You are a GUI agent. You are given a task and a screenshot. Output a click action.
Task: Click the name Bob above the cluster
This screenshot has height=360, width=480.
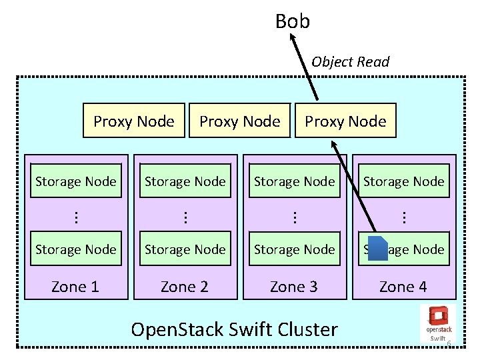pyautogui.click(x=292, y=21)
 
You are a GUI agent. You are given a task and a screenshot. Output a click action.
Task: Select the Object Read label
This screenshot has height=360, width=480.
pyautogui.click(x=350, y=62)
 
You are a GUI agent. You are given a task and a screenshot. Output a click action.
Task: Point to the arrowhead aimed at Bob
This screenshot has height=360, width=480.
pyautogui.click(x=292, y=38)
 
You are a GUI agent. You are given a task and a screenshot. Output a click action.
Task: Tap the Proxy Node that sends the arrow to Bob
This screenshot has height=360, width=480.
pyautogui.click(x=345, y=121)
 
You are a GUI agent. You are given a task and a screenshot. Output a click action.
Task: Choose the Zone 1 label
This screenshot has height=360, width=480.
pyautogui.click(x=75, y=287)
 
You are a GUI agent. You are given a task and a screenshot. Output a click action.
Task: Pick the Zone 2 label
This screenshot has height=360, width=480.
pyautogui.click(x=185, y=287)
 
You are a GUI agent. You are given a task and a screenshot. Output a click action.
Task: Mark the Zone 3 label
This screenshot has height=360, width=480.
pyautogui.click(x=294, y=287)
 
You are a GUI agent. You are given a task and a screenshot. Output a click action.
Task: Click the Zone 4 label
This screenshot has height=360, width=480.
pyautogui.click(x=403, y=287)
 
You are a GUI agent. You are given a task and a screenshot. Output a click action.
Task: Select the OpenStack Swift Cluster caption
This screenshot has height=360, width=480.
pyautogui.click(x=234, y=329)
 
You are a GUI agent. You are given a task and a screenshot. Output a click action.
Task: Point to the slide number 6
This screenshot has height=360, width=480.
pyautogui.click(x=449, y=343)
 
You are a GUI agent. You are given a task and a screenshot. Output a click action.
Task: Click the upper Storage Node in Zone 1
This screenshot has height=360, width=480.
pyautogui.click(x=75, y=181)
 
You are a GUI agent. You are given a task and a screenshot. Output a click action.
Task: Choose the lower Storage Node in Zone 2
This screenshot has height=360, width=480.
pyautogui.click(x=185, y=249)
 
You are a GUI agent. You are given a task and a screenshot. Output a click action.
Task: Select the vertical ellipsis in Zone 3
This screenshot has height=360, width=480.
pyautogui.click(x=294, y=215)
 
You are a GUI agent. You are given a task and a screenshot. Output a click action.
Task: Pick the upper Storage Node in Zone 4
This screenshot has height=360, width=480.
pyautogui.click(x=403, y=181)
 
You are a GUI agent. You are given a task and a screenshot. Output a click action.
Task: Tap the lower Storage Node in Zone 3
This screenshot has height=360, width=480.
pyautogui.click(x=294, y=249)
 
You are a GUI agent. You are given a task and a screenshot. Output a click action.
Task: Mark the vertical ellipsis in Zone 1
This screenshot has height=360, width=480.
pyautogui.click(x=75, y=215)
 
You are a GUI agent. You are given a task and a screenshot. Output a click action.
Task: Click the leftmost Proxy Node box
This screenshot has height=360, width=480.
pyautogui.click(x=133, y=121)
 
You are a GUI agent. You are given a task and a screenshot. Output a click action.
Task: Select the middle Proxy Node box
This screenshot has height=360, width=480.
pyautogui.click(x=240, y=121)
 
